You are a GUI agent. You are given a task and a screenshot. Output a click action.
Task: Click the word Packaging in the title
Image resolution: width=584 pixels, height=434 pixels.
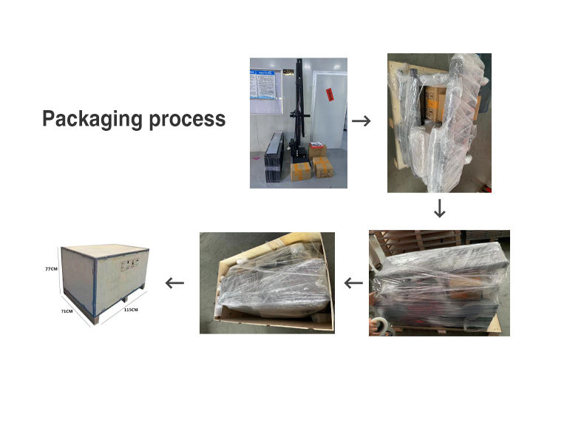(x=89, y=119)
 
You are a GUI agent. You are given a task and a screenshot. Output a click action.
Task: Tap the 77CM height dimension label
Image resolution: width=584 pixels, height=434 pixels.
(x=51, y=270)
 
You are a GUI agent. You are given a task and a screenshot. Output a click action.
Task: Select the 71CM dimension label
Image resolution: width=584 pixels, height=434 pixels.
(x=67, y=311)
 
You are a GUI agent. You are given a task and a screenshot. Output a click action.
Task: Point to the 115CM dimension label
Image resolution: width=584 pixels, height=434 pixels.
(x=130, y=309)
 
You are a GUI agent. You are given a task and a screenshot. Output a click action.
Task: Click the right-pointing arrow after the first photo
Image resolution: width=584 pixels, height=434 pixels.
(x=361, y=121)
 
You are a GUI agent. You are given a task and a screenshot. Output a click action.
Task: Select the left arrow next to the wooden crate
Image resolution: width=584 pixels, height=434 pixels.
(x=174, y=282)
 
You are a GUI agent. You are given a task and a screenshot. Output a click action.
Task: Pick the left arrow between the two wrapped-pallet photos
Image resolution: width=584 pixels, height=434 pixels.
(x=354, y=282)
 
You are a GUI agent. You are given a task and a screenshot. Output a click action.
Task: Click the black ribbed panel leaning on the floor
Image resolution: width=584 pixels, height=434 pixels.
(x=270, y=157)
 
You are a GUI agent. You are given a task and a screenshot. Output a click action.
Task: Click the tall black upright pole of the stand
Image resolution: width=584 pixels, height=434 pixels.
(x=297, y=104)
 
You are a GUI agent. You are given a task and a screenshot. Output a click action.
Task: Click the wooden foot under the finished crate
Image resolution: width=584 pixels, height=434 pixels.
(x=92, y=319)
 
